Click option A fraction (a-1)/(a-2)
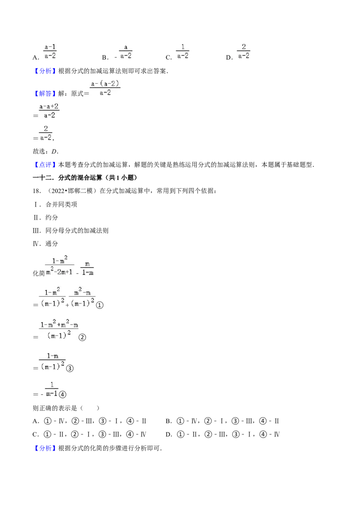click(50, 52)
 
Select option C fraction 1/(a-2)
click(183, 52)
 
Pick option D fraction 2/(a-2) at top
click(243, 52)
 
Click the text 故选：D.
click(45, 151)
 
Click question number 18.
click(37, 191)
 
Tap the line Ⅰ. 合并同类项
click(55, 204)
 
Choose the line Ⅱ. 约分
click(45, 218)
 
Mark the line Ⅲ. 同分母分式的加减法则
click(71, 231)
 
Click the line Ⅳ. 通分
click(45, 243)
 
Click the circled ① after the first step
click(100, 305)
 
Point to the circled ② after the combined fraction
click(82, 337)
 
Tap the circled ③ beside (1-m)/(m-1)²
click(70, 368)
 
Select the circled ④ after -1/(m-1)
click(63, 394)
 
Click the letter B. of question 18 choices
click(169, 421)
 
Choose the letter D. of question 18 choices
click(169, 435)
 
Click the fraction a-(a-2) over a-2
click(105, 88)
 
